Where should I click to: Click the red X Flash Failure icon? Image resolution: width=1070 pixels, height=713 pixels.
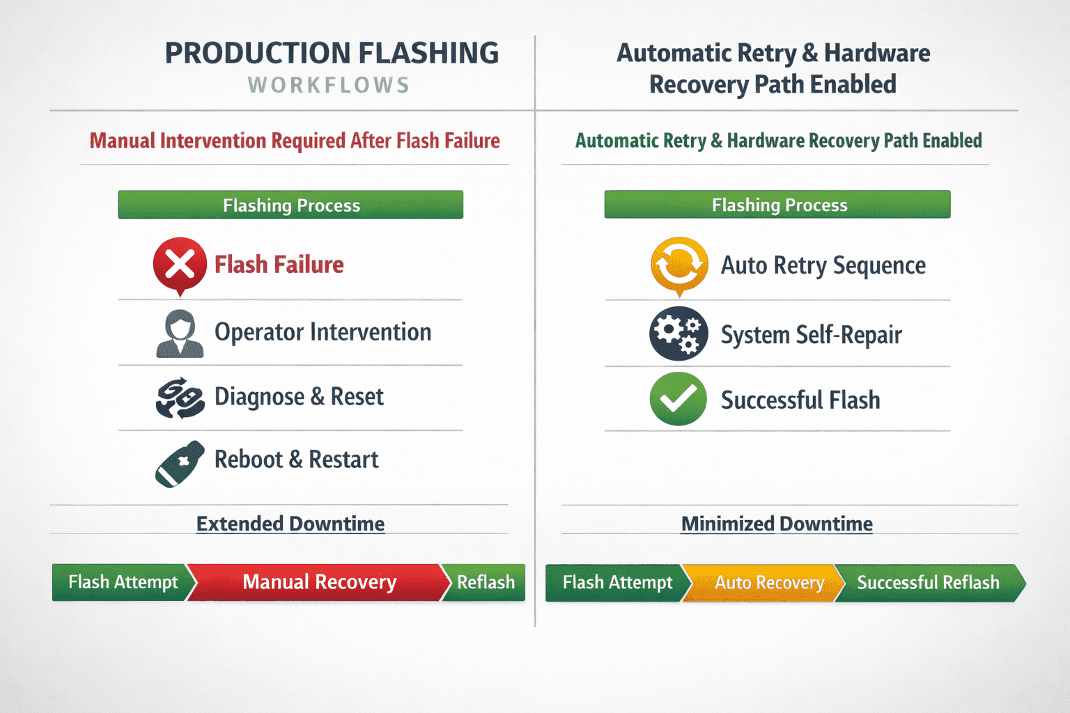pos(180,265)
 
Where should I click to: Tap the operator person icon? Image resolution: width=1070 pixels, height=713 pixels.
pos(180,334)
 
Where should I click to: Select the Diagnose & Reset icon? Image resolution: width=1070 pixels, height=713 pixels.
pos(180,398)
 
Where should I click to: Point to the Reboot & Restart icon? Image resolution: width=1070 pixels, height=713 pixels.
pos(180,464)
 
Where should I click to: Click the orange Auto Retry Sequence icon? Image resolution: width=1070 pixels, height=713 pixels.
pos(679,265)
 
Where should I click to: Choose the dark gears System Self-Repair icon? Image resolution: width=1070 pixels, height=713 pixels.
pos(679,334)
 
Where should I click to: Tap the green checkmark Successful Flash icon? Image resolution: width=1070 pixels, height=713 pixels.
pos(679,399)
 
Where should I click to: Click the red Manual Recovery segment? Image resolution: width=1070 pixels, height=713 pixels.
pos(319,582)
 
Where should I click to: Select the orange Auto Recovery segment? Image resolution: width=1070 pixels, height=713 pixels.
pos(764,583)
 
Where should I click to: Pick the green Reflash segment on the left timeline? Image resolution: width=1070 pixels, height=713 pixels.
pos(485,582)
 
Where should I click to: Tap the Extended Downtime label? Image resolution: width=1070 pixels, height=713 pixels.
pos(290,524)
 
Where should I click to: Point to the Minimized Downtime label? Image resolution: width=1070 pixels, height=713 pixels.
pos(777,524)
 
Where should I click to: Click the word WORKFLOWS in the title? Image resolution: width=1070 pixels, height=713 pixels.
pos(329,86)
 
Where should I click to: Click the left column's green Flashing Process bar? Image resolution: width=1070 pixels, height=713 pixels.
pos(290,205)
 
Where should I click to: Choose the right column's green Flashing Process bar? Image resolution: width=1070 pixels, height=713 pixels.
pos(777,205)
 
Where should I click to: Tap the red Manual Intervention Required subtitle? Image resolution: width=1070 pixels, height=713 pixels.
pos(295,141)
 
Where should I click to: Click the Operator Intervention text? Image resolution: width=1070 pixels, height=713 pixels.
pos(323,332)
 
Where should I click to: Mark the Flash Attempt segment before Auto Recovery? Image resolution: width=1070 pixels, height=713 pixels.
pos(618,583)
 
